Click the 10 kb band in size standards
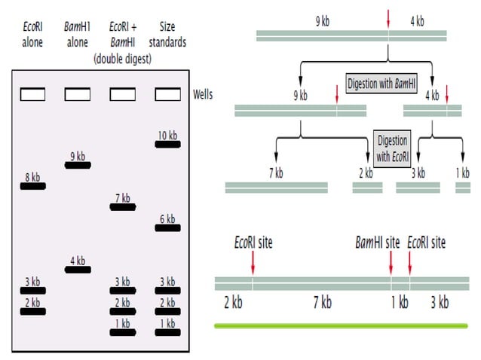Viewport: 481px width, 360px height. click(167, 145)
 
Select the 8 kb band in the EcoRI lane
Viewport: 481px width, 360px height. click(32, 185)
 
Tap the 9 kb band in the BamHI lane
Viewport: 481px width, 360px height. click(78, 165)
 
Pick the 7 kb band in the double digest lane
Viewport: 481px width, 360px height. click(123, 206)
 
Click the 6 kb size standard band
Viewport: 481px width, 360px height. click(167, 227)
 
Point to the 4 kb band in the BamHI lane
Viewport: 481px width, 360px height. click(78, 269)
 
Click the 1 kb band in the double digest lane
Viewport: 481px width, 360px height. click(123, 331)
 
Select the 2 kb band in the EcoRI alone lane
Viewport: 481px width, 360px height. click(32, 310)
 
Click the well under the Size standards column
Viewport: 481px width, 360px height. click(167, 94)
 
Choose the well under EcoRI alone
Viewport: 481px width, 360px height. click(32, 94)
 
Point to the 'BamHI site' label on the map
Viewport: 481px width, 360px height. click(377, 243)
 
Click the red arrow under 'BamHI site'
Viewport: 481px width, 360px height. click(391, 263)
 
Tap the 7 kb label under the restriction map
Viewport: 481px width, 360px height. click(322, 303)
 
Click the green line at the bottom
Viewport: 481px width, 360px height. click(341, 325)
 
